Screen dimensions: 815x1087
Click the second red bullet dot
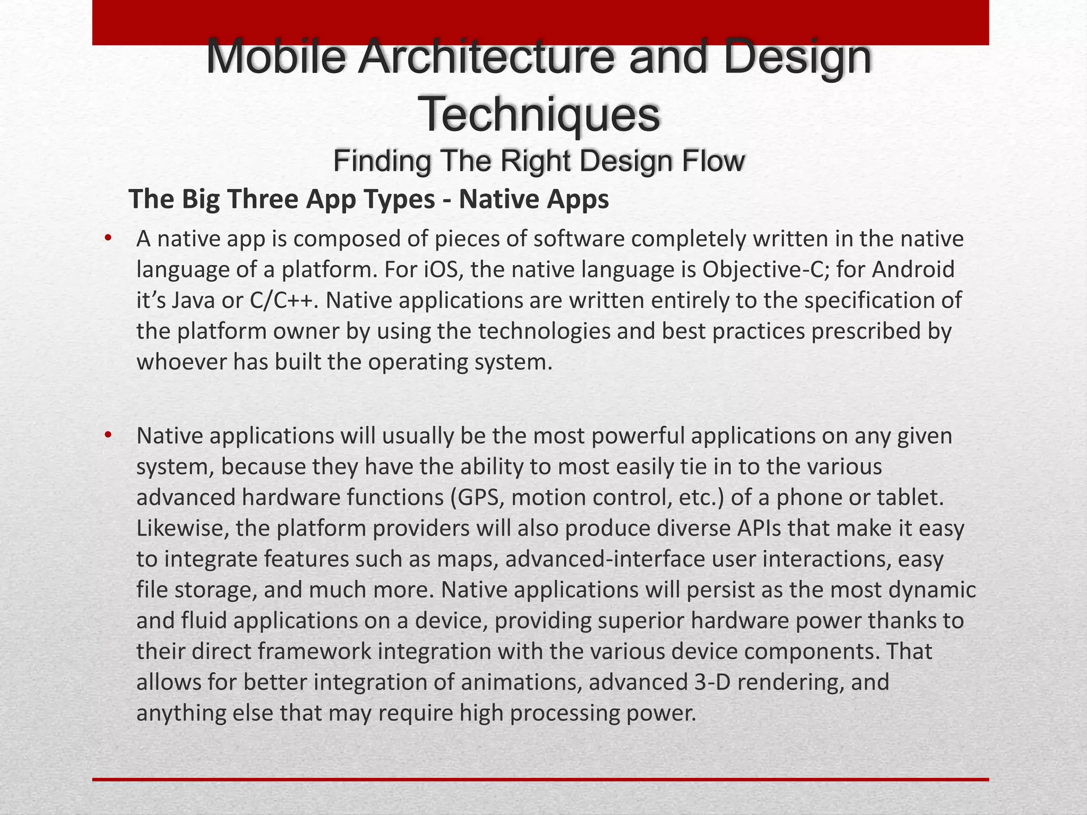pyautogui.click(x=108, y=435)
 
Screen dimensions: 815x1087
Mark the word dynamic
pyautogui.click(x=934, y=590)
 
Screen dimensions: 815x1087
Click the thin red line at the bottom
pyautogui.click(x=540, y=779)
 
